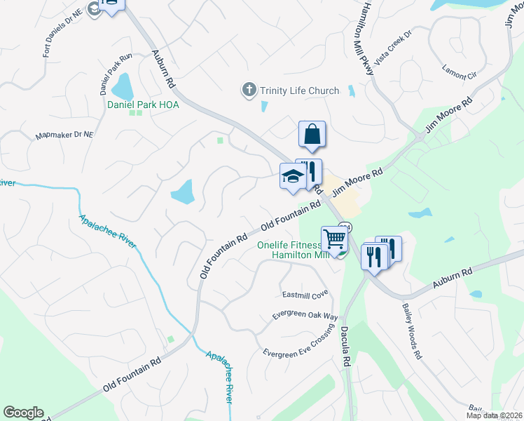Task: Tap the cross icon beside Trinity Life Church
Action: [x=249, y=90]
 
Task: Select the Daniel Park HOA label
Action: [x=143, y=105]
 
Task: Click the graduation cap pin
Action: [x=293, y=176]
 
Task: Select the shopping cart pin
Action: [x=334, y=239]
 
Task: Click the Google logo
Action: [x=23, y=413]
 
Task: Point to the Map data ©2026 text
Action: [x=493, y=415]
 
